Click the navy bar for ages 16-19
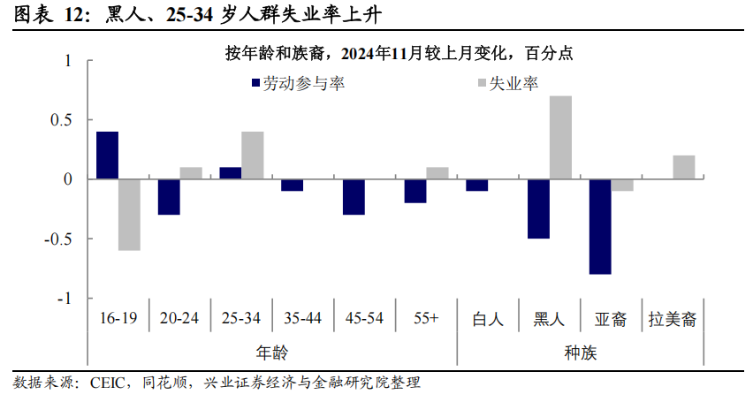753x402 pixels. click(x=107, y=155)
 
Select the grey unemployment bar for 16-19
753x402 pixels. click(x=129, y=215)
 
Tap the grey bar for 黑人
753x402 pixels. click(x=560, y=138)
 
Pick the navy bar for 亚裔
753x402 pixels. click(x=600, y=227)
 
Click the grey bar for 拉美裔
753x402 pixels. click(x=683, y=168)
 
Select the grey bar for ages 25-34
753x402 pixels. click(x=252, y=155)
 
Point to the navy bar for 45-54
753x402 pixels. click(x=354, y=197)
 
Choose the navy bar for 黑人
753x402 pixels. click(x=538, y=209)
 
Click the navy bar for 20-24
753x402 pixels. click(x=169, y=197)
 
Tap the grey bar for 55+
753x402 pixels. click(x=437, y=173)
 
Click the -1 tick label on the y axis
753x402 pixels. click(x=65, y=299)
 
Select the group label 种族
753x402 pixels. click(x=580, y=352)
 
